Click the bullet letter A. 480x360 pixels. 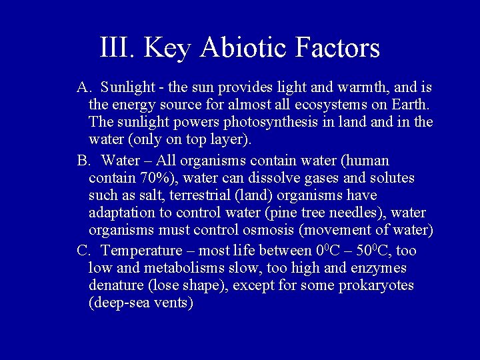point(83,88)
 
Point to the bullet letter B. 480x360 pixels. point(83,161)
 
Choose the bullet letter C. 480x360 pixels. point(83,251)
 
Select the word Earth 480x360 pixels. point(411,105)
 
